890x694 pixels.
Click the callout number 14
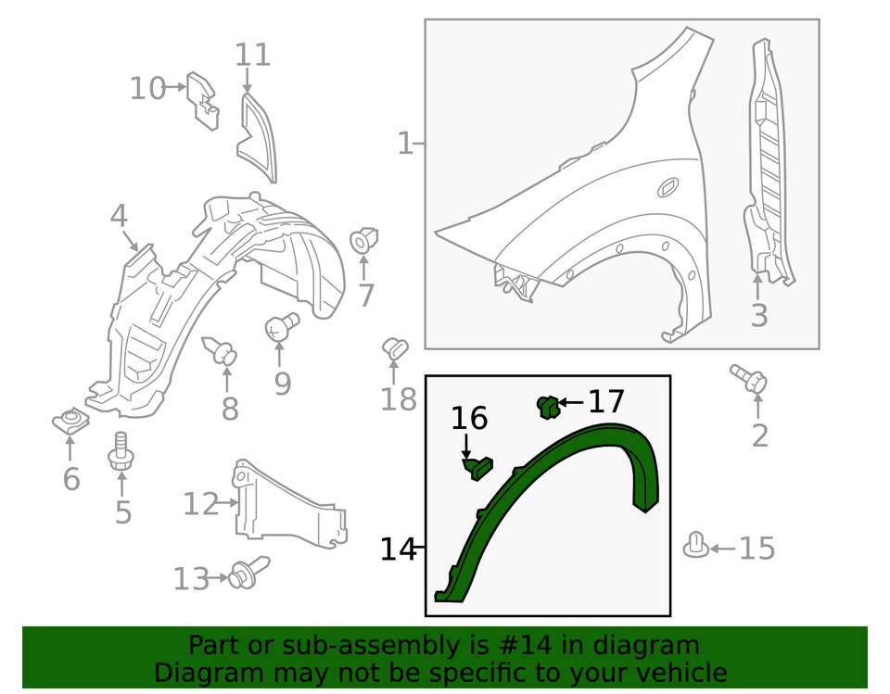point(398,549)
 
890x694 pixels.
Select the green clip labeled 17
point(547,405)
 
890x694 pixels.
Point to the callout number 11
point(252,55)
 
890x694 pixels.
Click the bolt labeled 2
point(748,379)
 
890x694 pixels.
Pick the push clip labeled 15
point(696,546)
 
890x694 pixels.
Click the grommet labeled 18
point(397,350)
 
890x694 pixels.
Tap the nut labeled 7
point(364,240)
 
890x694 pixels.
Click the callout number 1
point(404,145)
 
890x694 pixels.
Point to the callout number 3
point(759,316)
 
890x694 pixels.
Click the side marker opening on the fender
point(667,189)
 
